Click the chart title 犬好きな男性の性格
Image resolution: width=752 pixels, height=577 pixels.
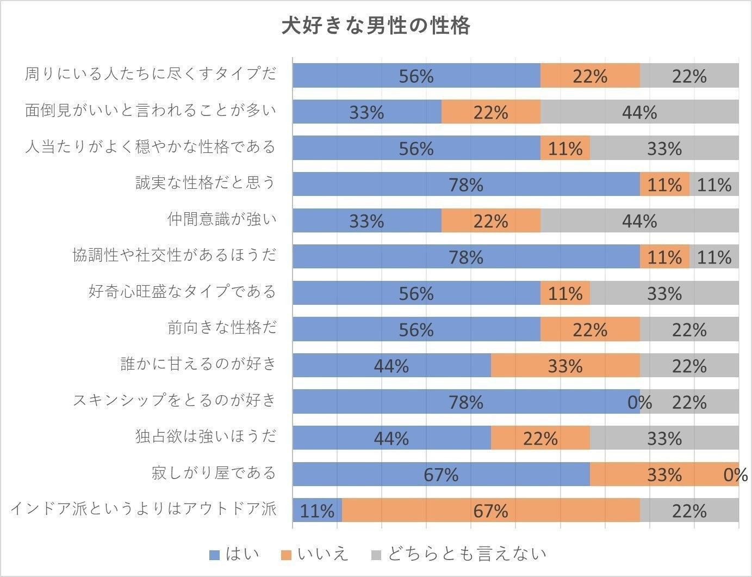pyautogui.click(x=376, y=26)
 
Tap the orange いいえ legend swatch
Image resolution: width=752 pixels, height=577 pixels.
pyautogui.click(x=287, y=555)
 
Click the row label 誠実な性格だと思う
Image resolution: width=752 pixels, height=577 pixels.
pyautogui.click(x=206, y=182)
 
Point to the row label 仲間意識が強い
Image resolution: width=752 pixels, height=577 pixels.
pyautogui.click(x=222, y=219)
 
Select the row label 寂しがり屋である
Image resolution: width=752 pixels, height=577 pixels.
pyautogui.click(x=214, y=472)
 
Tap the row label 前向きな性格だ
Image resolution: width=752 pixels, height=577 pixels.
pyautogui.click(x=222, y=328)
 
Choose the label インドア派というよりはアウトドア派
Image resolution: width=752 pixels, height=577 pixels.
pyautogui.click(x=144, y=509)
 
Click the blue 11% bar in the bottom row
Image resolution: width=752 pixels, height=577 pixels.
pyautogui.click(x=317, y=511)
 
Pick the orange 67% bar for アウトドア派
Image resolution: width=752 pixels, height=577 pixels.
pyautogui.click(x=490, y=511)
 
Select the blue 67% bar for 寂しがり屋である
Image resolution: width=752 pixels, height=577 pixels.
pyautogui.click(x=441, y=474)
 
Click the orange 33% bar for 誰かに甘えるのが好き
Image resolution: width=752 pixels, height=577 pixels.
pyautogui.click(x=565, y=365)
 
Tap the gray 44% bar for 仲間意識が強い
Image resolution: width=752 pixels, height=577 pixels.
pyautogui.click(x=639, y=220)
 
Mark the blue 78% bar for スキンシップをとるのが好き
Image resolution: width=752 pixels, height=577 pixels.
pyautogui.click(x=465, y=402)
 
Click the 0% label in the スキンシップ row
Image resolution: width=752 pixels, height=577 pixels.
pyautogui.click(x=640, y=402)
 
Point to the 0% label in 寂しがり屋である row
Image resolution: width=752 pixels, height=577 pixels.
pyautogui.click(x=736, y=475)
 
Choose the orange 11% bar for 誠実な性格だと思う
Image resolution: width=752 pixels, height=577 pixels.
pyautogui.click(x=664, y=184)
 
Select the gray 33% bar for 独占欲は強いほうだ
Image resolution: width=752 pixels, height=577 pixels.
pyautogui.click(x=664, y=438)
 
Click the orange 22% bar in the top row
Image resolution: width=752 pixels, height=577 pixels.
pyautogui.click(x=590, y=76)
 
